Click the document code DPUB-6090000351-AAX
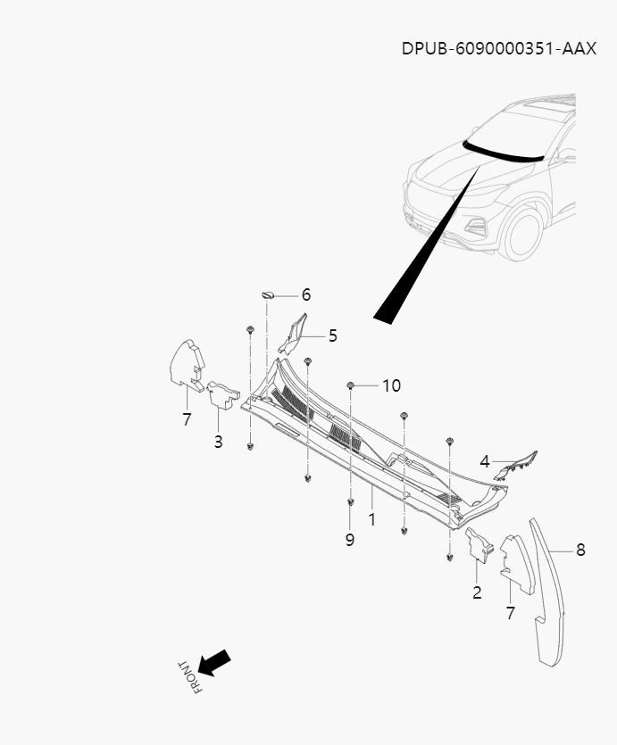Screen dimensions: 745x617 498,47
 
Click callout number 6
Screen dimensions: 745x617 305,294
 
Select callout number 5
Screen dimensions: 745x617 332,335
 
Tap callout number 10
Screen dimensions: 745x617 391,385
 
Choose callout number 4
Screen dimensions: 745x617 484,461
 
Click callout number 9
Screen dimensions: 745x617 350,540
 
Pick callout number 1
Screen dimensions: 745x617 371,518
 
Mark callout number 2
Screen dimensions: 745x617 477,592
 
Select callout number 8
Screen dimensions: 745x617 580,550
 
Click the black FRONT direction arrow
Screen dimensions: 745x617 214,663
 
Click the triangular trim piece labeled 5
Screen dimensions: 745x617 293,332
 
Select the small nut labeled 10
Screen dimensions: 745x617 352,385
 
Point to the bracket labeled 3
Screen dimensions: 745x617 222,396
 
